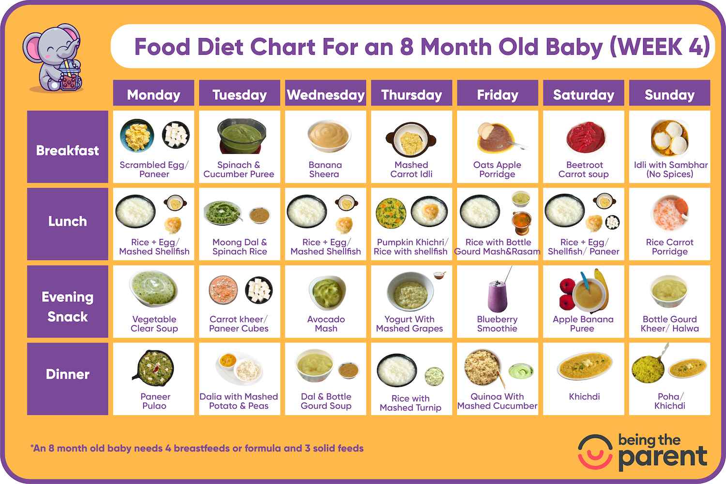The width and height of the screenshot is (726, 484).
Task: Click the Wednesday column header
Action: pos(326,94)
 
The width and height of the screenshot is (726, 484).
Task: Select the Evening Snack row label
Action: pos(67,306)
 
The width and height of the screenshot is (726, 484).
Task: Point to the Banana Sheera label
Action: pos(325,169)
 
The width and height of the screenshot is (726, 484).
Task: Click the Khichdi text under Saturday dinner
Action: pos(584,397)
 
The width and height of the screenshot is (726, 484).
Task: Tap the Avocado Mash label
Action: pos(326,324)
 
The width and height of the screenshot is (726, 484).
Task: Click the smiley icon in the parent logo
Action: pos(595,452)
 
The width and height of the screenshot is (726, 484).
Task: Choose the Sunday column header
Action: pos(669,94)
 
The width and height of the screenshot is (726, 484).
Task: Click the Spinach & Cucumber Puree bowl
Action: pos(241,136)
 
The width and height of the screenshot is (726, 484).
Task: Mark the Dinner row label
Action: pos(67,374)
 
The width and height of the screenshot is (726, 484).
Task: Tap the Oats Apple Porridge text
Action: pos(497,169)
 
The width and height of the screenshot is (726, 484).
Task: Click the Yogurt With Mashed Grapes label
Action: pos(409,324)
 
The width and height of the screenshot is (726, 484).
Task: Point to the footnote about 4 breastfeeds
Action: pos(197,449)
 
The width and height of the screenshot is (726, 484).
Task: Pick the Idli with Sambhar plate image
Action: pos(669,137)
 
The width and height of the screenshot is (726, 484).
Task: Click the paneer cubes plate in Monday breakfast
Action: pos(176,135)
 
